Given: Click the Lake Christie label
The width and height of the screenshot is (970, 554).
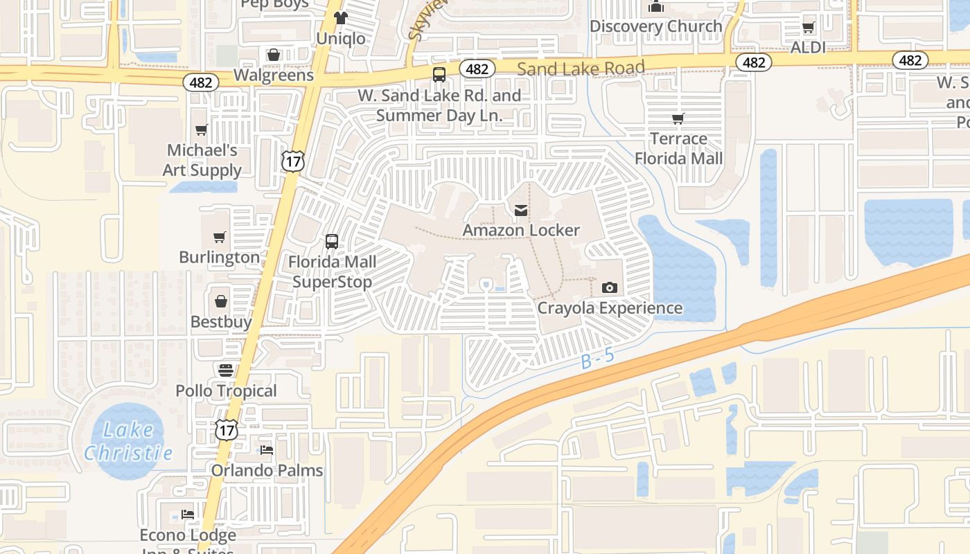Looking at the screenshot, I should tap(127, 442).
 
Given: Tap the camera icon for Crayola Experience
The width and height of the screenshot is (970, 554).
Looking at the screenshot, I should tap(610, 287).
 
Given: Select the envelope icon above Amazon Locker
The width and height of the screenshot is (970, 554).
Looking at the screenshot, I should tap(521, 210).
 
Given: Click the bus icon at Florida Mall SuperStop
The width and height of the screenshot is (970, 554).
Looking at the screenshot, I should tap(332, 242).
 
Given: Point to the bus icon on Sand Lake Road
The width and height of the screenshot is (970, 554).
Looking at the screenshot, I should tap(439, 75).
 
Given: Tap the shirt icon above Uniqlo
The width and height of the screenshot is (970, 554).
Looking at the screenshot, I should tap(340, 18).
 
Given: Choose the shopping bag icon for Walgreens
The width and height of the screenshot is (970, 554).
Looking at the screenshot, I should tap(274, 55).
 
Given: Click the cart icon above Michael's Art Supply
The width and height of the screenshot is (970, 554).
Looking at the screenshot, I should tap(202, 129).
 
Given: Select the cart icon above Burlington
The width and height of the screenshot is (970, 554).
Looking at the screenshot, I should tap(220, 238).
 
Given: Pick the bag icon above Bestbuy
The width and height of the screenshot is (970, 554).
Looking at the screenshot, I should tap(220, 301).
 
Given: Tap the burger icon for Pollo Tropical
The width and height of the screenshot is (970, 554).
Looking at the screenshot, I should tap(225, 370).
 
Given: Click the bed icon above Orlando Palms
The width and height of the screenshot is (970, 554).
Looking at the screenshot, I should tap(267, 450).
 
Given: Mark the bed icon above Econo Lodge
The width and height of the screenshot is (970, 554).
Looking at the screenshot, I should tap(188, 515).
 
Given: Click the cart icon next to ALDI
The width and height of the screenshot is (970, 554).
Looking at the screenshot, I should tap(808, 28).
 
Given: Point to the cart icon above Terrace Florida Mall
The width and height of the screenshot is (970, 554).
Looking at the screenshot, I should tap(678, 118).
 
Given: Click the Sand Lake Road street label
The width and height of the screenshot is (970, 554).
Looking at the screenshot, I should tap(581, 68).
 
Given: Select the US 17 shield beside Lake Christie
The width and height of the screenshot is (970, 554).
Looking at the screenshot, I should tap(227, 429).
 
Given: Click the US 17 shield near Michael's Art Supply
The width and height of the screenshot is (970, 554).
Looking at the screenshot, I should tap(292, 161).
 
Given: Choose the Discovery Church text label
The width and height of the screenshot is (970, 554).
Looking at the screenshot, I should tap(655, 26).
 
